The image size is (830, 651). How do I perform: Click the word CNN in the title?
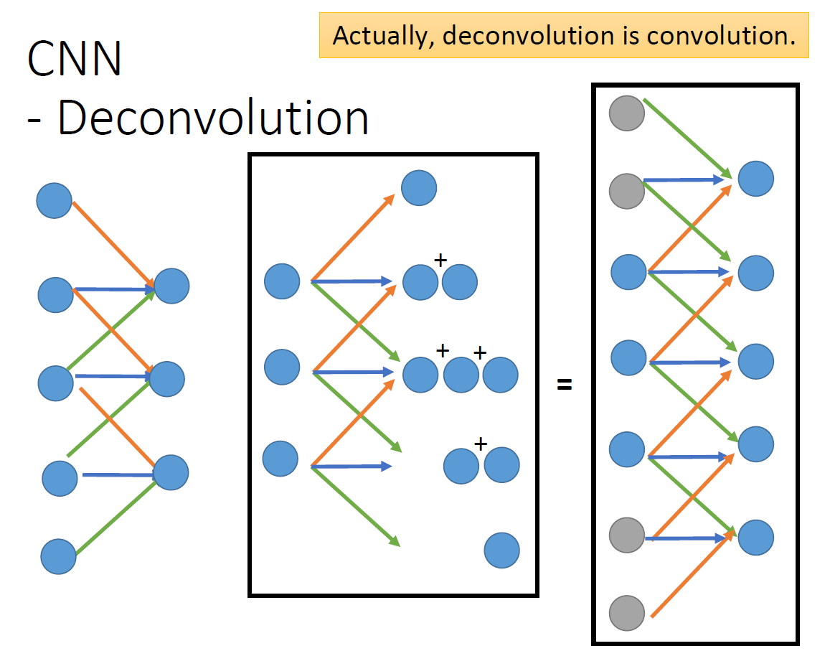[75, 59]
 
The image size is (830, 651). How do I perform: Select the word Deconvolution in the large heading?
[213, 118]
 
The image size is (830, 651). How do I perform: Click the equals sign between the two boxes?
[565, 385]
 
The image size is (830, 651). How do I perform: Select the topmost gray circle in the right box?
[627, 113]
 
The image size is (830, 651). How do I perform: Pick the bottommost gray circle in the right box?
[627, 613]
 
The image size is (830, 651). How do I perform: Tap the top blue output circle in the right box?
[756, 179]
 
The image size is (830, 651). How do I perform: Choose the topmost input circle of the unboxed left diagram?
[55, 200]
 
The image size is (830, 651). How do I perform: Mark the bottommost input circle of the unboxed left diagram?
[59, 556]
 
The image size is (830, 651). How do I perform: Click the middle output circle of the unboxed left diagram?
[167, 379]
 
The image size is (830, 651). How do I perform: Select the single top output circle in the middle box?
[419, 188]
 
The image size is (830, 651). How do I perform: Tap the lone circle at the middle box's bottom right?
[501, 551]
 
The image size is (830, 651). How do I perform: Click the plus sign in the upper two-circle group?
[440, 261]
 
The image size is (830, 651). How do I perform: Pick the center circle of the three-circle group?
[461, 375]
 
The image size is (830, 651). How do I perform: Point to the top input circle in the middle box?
[282, 281]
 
